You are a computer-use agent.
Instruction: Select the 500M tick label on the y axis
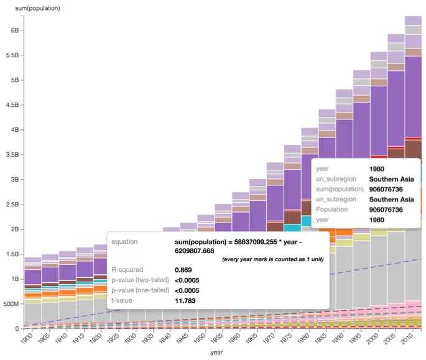coord(12,303)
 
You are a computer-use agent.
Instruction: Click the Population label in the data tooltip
coord(336,210)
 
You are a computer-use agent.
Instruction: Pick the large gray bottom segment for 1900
coord(32,315)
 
